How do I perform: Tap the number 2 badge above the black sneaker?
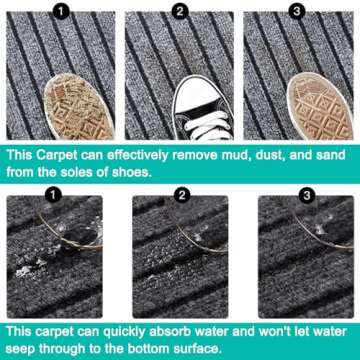tap(180, 12)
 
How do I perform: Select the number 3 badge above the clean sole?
tap(297, 12)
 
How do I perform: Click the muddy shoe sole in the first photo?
tap(79, 108)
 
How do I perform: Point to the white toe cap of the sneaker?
tap(197, 94)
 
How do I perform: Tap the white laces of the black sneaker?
tap(208, 126)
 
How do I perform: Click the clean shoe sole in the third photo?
tap(320, 107)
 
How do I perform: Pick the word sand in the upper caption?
tap(331, 156)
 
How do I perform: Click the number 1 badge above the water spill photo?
tap(54, 195)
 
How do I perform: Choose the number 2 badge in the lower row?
tap(182, 195)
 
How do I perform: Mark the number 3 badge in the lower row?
tap(307, 195)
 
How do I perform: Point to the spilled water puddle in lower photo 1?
tap(37, 263)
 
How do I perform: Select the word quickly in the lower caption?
tap(120, 333)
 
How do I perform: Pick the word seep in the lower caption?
tap(21, 350)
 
